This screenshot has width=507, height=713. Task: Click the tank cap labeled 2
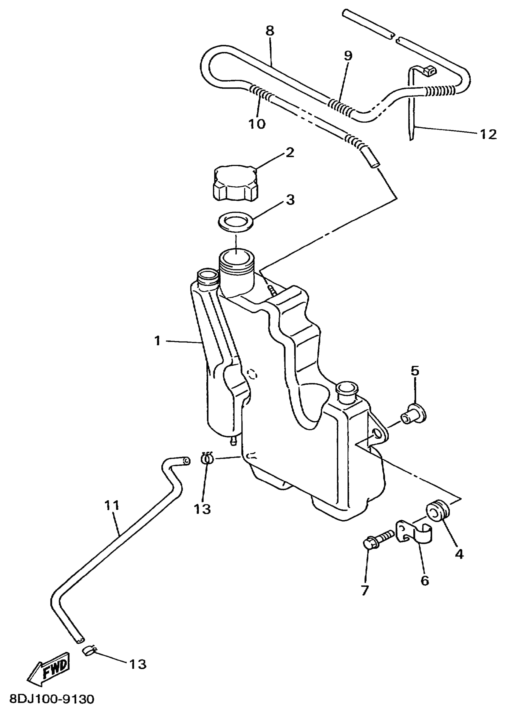(x=236, y=184)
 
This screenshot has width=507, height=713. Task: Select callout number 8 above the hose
(x=270, y=31)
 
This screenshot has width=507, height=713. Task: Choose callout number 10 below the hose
(x=257, y=124)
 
